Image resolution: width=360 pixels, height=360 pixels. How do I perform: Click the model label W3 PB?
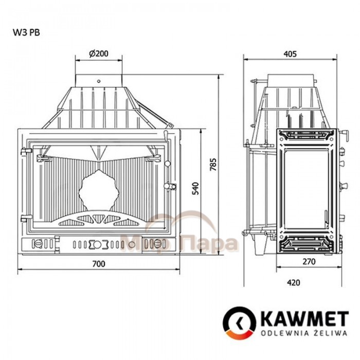[26, 32]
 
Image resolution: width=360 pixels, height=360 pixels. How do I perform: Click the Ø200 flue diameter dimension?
[99, 53]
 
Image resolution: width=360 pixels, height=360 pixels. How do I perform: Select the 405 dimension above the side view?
[290, 54]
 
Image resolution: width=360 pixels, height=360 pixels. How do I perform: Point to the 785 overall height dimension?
[213, 164]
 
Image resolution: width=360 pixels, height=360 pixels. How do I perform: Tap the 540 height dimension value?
[195, 188]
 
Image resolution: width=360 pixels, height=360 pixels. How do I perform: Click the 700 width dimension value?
[99, 264]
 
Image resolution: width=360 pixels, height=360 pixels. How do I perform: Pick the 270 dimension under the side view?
[309, 261]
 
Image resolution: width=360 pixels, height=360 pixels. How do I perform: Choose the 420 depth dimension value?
[293, 282]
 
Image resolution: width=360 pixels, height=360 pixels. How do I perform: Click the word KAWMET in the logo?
[305, 319]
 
